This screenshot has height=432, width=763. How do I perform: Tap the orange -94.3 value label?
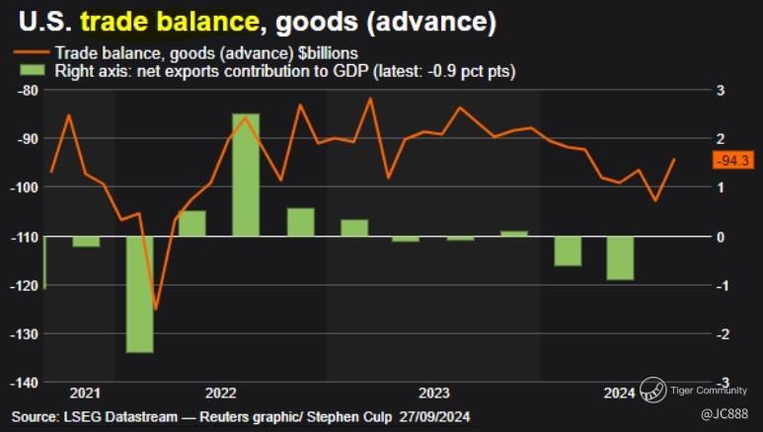click(x=731, y=161)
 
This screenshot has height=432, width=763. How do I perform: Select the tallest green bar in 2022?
click(x=246, y=175)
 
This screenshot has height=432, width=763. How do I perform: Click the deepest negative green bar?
click(x=139, y=294)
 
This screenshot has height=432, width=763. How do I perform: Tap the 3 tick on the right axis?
click(x=722, y=90)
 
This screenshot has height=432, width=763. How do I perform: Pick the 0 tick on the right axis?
click(x=722, y=237)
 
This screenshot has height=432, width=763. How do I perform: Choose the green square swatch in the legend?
click(x=33, y=71)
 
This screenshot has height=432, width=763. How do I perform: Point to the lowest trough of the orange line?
click(x=155, y=309)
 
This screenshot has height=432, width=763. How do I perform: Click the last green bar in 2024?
click(x=620, y=258)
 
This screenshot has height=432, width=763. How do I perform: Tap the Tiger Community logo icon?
click(x=651, y=389)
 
